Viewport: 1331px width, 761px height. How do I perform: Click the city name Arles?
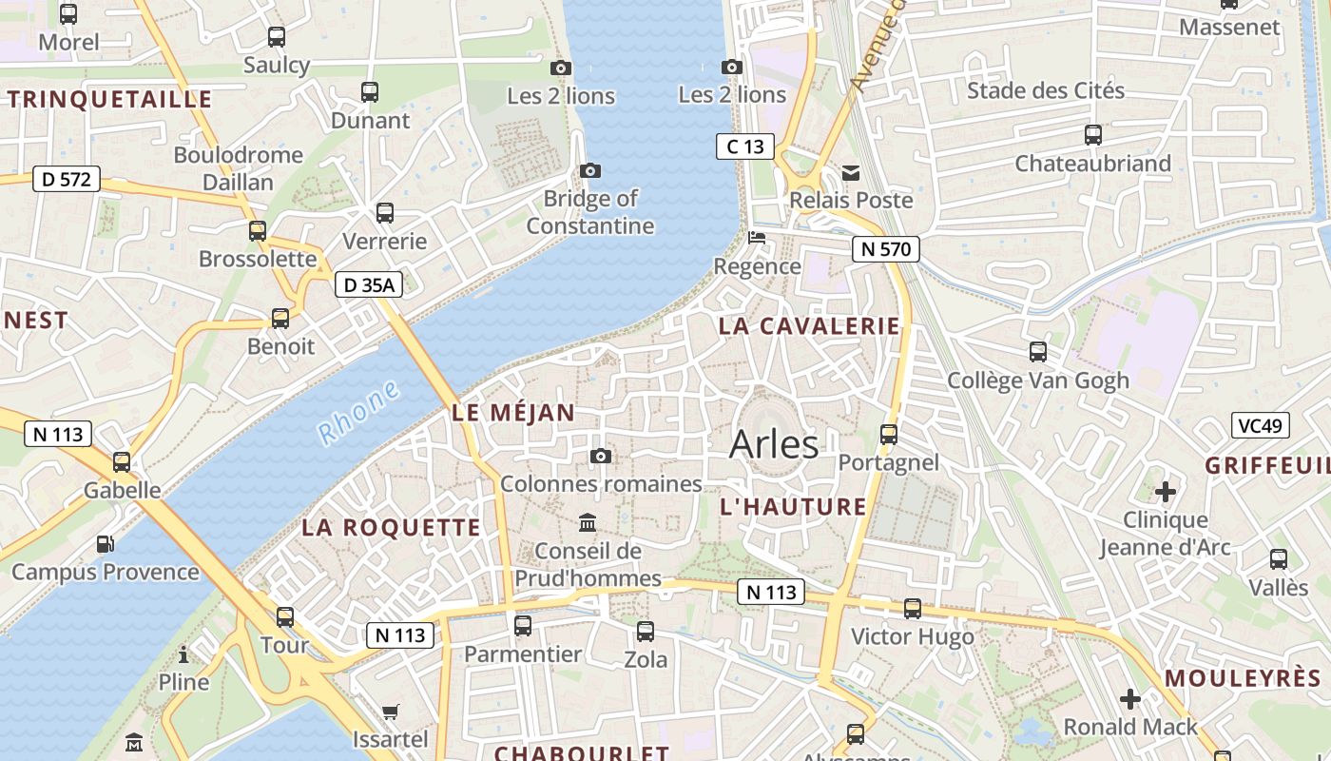774,445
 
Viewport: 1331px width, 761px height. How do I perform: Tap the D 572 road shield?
66,178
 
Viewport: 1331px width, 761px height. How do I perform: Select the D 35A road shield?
369,284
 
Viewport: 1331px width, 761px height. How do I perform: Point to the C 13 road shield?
745,146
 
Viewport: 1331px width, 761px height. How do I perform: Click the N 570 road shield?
886,250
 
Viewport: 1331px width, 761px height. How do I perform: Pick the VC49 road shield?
1260,425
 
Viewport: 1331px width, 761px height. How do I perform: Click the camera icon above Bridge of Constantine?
590,170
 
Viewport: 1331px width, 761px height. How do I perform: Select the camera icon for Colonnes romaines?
601,457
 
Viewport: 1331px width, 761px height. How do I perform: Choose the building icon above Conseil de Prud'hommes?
588,523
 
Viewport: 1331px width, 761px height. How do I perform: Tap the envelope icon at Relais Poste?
850,173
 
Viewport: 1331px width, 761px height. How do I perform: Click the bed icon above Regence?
757,238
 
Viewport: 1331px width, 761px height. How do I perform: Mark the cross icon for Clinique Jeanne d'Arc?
1166,492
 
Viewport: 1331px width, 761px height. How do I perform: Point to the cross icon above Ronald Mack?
1130,699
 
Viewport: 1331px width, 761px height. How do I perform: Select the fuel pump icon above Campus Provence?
105,544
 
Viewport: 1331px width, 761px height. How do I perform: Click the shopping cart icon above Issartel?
390,712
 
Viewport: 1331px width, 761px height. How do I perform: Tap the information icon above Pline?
183,654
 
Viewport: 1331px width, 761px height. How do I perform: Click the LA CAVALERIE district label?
809,326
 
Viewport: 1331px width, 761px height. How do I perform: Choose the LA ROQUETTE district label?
392,528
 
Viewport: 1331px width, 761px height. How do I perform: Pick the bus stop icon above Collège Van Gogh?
1038,352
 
